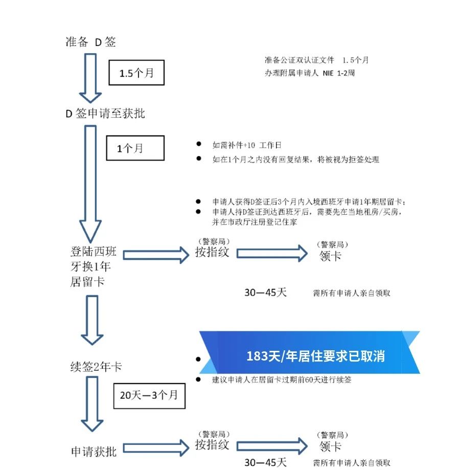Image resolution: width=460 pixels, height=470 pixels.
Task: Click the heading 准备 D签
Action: coord(91,41)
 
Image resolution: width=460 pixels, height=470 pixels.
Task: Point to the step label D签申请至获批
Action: coord(105,114)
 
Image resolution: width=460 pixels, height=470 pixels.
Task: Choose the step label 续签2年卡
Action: coord(96,367)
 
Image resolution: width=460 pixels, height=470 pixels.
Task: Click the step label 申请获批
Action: coord(94,452)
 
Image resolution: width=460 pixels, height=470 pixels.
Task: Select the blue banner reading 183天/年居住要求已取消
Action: coord(309,352)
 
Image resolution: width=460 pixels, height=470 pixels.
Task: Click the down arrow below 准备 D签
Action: coord(90,78)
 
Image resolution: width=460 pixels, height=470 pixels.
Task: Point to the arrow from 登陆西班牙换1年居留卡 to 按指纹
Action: coord(156,255)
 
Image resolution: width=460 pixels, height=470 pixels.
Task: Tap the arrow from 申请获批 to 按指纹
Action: coord(156,448)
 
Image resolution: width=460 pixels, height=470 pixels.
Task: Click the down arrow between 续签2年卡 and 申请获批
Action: coord(92,404)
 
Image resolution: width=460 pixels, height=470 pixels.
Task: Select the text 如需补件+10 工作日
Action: coord(247,145)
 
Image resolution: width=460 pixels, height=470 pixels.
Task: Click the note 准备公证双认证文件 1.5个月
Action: coord(316,60)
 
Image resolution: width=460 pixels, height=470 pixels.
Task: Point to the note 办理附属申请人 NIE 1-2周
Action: coord(310,73)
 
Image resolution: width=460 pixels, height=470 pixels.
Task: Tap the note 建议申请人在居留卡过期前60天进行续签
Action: coord(282,380)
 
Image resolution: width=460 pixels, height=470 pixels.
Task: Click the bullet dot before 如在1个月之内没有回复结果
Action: coord(198,158)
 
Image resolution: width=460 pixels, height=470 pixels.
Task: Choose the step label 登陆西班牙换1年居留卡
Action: coord(93,266)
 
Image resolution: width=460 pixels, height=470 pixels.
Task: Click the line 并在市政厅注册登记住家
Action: coord(255,222)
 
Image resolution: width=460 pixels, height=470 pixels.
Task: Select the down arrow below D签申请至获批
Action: coord(90,184)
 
